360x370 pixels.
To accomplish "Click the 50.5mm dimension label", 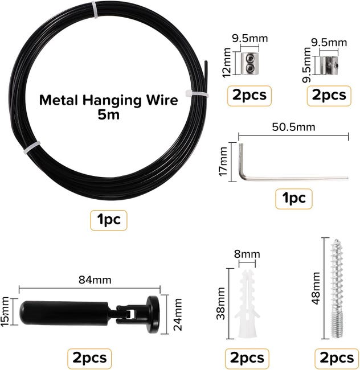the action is pos(293,127).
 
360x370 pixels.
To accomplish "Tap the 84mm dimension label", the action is pos(95,280).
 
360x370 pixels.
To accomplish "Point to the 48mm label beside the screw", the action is pos(316,288).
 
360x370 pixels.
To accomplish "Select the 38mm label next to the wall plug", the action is pos(220,303).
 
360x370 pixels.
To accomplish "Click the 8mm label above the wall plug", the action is pos(247,254).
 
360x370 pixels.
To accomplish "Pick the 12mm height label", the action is pos(227,63).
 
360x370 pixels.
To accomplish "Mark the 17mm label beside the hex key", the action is pos(223,162).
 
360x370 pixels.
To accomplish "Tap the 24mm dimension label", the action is pos(178,314).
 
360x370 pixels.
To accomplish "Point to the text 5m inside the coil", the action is pos(109,115).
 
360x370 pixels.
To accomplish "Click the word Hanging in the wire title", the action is pos(112,101).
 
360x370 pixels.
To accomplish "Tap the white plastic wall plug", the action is pos(247,305).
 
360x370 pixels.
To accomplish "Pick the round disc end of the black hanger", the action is pos(153,315).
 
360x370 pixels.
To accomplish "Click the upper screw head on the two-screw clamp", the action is pos(250,58).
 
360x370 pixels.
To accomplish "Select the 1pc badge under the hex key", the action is pos(294,199).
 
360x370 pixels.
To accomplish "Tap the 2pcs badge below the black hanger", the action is pos(89,358).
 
